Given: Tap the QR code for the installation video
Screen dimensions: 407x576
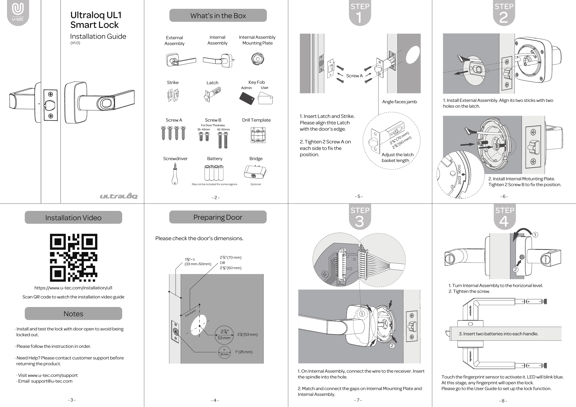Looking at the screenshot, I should [x=73, y=258].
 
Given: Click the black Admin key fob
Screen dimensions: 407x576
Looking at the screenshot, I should [x=247, y=98].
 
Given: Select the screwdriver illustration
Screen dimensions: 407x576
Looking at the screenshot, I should [x=175, y=174].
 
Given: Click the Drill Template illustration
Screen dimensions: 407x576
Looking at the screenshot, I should [x=258, y=135].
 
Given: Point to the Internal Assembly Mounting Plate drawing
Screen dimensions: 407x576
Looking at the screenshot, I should [x=257, y=59].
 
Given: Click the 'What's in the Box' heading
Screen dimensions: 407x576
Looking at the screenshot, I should [x=218, y=16].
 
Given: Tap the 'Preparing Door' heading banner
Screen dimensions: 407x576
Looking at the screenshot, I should [x=218, y=217].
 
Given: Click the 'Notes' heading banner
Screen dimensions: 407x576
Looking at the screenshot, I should [x=73, y=313].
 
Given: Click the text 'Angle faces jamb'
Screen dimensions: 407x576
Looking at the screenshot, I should [x=399, y=102].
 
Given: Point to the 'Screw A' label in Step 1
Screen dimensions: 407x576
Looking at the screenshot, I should [x=354, y=76].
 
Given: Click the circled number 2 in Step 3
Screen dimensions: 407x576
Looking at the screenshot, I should [x=392, y=346].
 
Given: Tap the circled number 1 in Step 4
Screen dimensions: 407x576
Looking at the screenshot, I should [x=535, y=235].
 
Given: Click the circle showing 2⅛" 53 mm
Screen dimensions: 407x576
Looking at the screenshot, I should [x=224, y=335].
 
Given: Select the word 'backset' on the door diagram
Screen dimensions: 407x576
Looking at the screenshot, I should [x=190, y=313].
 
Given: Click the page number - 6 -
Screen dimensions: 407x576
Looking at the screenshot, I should [x=504, y=196].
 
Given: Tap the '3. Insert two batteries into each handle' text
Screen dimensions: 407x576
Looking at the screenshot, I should [x=498, y=334].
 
